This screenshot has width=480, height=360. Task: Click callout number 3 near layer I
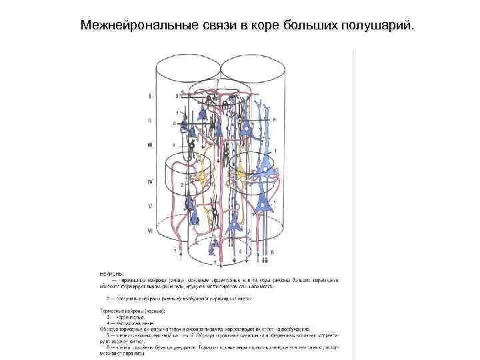[x=177, y=96]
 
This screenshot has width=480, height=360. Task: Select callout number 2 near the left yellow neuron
[x=181, y=184]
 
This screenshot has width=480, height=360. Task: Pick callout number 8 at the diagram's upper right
[x=274, y=120]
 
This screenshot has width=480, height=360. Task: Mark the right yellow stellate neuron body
[x=247, y=179]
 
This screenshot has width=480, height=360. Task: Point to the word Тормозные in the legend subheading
[x=111, y=311]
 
